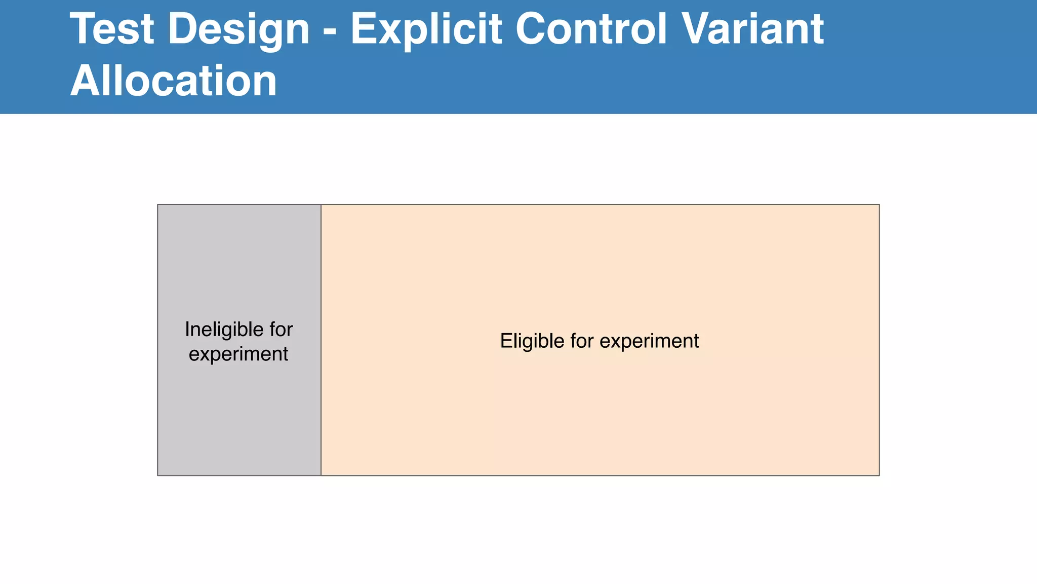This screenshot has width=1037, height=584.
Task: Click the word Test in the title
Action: [112, 29]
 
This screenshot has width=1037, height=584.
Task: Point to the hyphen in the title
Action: [329, 31]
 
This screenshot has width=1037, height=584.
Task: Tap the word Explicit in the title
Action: [426, 29]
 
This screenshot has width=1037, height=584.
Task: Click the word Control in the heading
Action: [591, 29]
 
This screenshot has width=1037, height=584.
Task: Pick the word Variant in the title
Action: [752, 29]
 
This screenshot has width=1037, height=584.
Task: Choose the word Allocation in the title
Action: [174, 81]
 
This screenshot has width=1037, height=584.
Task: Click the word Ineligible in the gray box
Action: [224, 330]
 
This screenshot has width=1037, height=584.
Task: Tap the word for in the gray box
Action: [281, 330]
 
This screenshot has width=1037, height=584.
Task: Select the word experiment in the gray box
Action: [238, 354]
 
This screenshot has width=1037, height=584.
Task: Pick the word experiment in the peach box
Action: [649, 341]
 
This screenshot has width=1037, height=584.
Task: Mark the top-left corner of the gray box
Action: [158, 205]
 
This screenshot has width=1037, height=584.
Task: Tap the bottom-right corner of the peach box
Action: [879, 475]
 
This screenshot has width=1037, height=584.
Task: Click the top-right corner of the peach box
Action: [879, 205]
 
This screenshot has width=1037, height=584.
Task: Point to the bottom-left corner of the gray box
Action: [158, 475]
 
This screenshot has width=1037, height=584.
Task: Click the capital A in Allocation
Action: [84, 81]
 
